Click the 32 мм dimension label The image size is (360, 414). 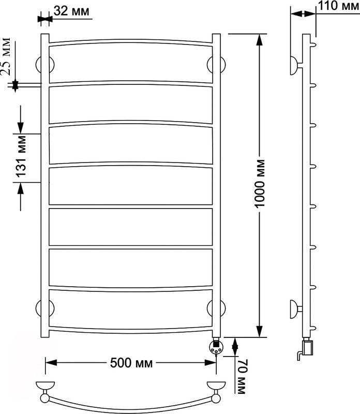click(71, 11)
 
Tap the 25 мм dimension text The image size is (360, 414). click(6, 56)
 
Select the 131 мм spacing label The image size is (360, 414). click(21, 156)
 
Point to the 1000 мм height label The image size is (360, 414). click(260, 183)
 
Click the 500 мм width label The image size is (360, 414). click(131, 363)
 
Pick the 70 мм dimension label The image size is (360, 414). click(242, 376)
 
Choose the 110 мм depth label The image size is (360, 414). click(339, 6)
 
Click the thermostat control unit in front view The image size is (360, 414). click(216, 347)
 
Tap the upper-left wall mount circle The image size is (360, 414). click(45, 64)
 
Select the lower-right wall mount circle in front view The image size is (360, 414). click(216, 308)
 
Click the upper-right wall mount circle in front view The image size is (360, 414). click(216, 64)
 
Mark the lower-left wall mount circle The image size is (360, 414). click(45, 308)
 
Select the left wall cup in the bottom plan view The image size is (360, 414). click(45, 385)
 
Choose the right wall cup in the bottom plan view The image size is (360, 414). click(216, 385)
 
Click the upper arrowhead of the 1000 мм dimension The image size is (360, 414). click(260, 39)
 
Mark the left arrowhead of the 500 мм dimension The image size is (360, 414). click(51, 363)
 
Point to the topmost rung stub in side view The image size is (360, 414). click(313, 45)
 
